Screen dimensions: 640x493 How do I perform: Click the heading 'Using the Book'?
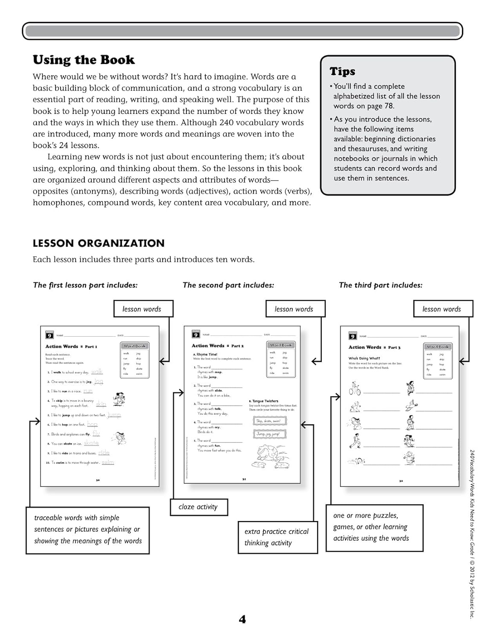[84, 60]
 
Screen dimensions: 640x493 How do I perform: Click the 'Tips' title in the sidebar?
[342, 71]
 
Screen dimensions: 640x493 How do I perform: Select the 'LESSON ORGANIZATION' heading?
[99, 243]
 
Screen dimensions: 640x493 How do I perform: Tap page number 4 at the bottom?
[242, 619]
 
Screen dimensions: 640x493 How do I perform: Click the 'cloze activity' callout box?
[198, 507]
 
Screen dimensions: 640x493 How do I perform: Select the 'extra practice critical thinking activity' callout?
[277, 537]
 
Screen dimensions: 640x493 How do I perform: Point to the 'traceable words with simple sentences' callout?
[88, 529]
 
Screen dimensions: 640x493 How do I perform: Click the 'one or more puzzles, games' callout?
[374, 527]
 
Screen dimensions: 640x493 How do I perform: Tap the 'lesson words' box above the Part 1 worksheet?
[143, 309]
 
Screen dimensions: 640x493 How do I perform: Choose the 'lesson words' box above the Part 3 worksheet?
[442, 309]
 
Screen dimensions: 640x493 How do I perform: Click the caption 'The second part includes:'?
[228, 285]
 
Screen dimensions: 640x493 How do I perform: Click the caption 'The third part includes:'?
[380, 285]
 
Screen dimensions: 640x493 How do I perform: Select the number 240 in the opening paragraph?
[227, 122]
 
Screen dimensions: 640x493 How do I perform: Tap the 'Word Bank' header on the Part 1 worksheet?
[134, 346]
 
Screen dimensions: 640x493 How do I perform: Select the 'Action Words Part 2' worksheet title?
[218, 346]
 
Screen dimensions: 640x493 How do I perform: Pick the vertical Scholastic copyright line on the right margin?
[472, 533]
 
